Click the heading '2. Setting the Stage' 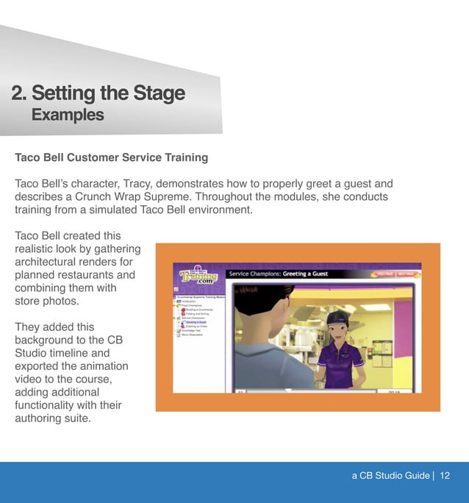click(98, 93)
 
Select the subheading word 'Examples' click(67, 115)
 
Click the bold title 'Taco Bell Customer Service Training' click(111, 157)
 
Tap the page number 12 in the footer click(445, 476)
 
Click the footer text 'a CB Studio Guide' click(390, 476)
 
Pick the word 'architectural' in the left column click(49, 263)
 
